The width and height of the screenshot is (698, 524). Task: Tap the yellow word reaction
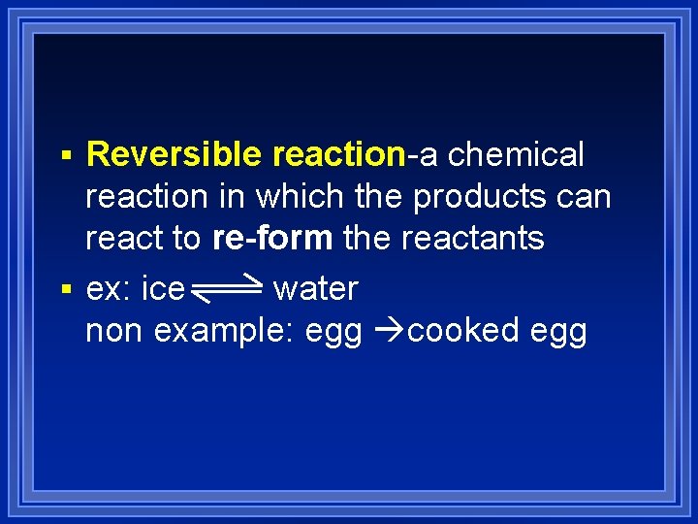click(338, 154)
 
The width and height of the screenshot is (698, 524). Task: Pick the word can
click(587, 197)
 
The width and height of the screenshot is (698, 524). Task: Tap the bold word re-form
click(272, 239)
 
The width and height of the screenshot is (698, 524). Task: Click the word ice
click(163, 288)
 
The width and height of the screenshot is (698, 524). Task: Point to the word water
click(316, 288)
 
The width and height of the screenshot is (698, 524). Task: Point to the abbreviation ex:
click(109, 288)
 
